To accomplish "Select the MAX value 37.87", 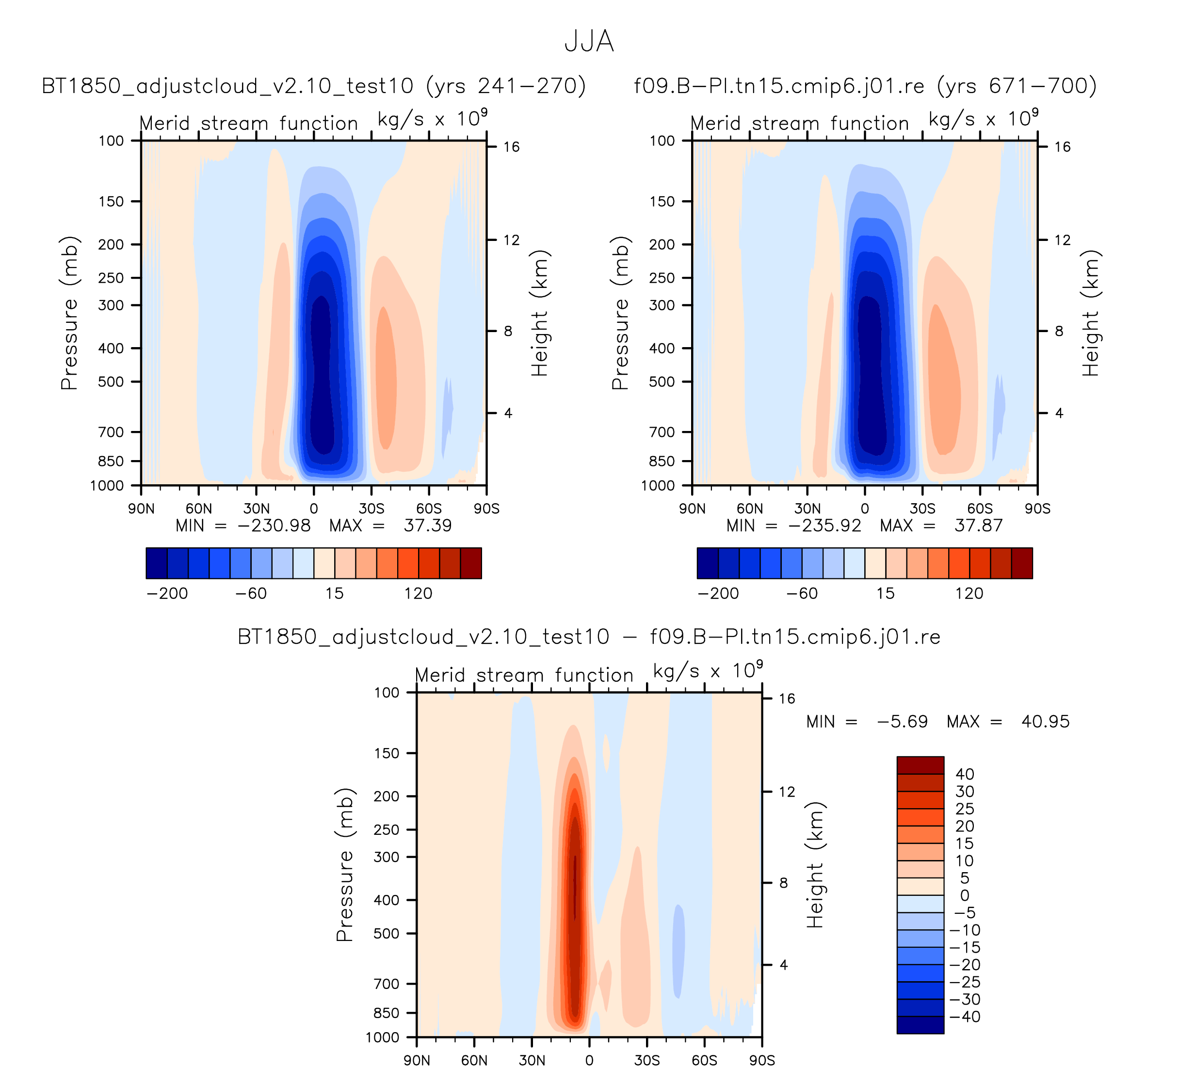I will click(978, 526).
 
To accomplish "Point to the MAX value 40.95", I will click(1045, 721).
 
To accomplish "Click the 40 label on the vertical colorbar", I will click(964, 774).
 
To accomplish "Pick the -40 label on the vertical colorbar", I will click(964, 1017).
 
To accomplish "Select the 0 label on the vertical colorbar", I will click(964, 895).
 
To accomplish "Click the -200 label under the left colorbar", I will click(167, 593).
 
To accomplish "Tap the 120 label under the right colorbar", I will click(969, 593).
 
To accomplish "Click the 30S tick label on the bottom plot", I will click(647, 1060).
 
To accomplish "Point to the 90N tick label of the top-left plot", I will click(142, 509).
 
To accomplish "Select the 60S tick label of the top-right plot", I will click(980, 509).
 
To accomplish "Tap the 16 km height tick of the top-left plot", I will click(511, 147).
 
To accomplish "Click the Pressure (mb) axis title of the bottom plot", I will click(344, 865).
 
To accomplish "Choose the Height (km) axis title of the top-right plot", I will click(1091, 313).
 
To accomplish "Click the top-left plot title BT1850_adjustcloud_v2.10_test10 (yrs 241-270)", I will click(314, 86).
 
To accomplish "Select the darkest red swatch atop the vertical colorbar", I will click(920, 765).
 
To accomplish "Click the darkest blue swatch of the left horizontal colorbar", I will click(157, 563).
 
